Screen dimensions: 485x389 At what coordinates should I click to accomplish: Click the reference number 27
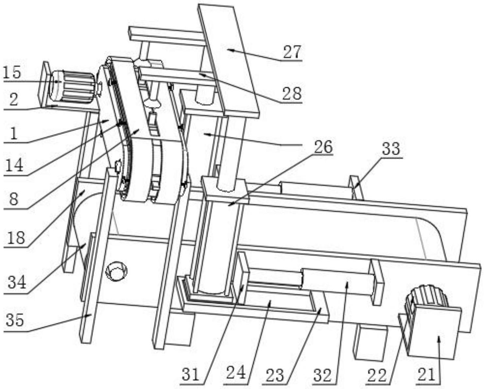(292, 52)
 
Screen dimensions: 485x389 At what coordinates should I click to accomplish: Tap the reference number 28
(292, 94)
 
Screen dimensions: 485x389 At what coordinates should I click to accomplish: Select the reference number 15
(12, 72)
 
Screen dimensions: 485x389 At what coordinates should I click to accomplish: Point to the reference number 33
(391, 149)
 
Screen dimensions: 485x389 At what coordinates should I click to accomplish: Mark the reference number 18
(15, 238)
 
